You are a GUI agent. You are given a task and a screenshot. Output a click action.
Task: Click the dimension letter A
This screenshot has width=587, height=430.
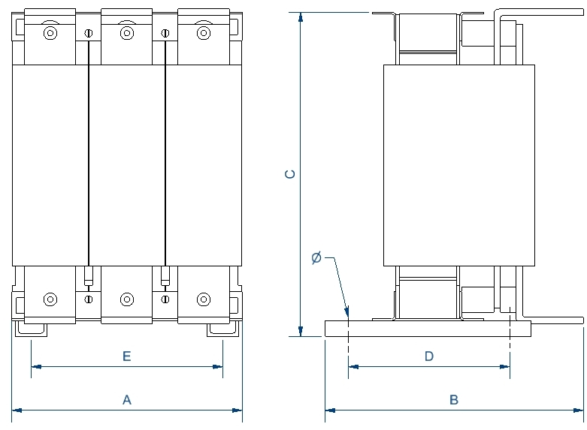(127, 400)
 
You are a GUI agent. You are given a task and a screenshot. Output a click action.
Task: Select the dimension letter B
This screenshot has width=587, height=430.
(454, 400)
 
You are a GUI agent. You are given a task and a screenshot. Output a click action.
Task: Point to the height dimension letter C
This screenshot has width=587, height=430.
(290, 174)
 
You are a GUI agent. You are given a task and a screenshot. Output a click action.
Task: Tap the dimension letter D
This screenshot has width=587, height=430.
(429, 356)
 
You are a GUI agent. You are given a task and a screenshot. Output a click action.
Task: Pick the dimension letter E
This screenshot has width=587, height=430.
(127, 356)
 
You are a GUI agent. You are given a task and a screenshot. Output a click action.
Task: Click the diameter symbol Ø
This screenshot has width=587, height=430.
(316, 258)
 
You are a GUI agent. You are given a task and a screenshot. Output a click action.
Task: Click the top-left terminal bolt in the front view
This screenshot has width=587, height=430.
(50, 33)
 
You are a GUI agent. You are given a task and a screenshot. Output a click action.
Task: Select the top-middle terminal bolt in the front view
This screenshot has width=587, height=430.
(127, 33)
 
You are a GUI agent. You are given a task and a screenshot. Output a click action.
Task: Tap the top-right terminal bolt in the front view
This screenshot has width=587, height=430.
(203, 33)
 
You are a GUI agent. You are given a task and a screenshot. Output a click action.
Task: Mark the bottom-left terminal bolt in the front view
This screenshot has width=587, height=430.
(50, 299)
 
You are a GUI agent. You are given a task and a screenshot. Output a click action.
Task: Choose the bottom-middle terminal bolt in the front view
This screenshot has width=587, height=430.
(127, 299)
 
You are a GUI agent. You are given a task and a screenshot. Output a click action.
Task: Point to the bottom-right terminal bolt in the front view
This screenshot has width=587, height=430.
(203, 299)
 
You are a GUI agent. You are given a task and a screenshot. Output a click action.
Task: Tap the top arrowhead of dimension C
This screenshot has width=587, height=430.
(301, 17)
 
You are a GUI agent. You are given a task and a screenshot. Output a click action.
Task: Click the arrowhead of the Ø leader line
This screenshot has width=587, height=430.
(347, 314)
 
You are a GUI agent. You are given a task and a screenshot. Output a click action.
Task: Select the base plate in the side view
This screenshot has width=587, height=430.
(428, 328)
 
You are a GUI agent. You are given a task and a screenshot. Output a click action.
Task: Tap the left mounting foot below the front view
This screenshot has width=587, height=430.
(32, 328)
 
